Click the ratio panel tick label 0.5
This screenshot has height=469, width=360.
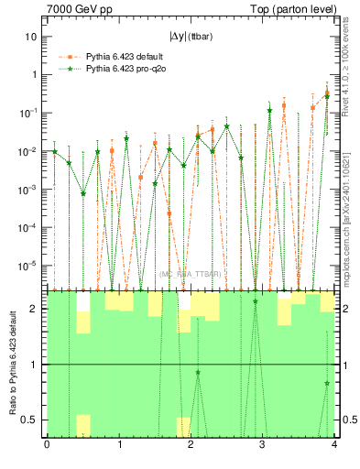tap(29, 420)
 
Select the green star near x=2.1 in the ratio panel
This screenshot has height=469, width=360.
tap(198, 372)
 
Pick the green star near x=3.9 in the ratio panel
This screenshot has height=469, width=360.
tap(327, 383)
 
